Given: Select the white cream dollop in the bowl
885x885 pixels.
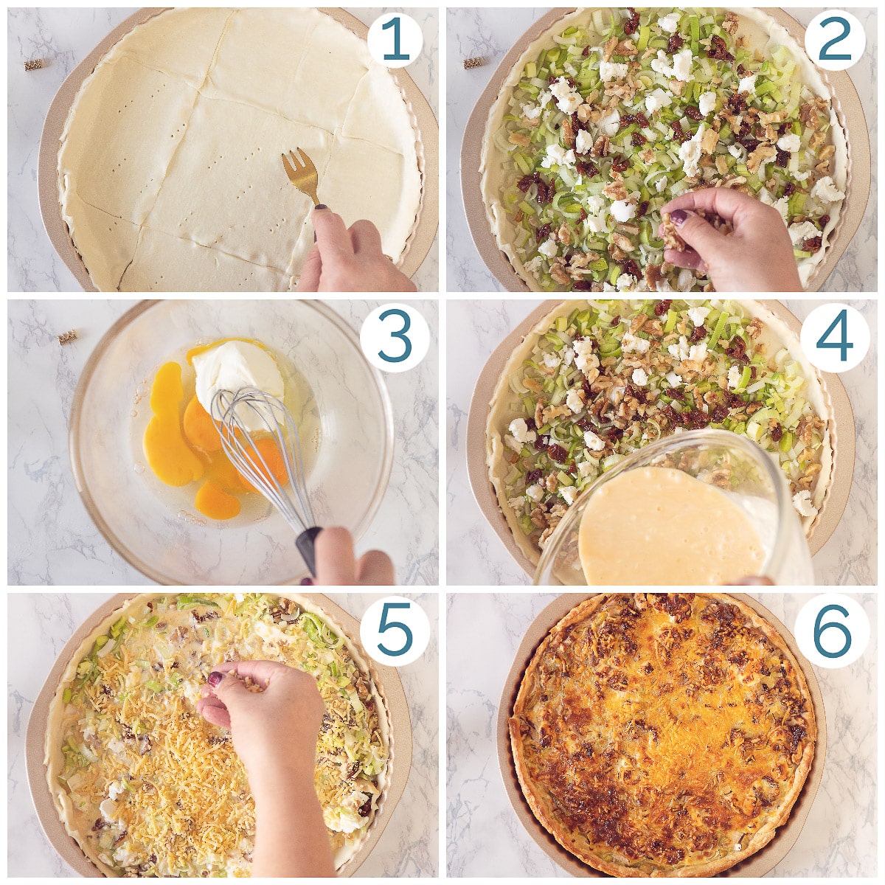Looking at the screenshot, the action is (238, 379).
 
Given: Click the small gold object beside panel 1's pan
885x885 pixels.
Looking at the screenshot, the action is (33, 64).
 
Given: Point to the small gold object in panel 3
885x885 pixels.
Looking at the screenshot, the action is (67, 338).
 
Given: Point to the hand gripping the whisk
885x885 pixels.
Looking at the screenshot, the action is (349, 558).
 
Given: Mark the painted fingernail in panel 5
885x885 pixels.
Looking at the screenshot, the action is (215, 678).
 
